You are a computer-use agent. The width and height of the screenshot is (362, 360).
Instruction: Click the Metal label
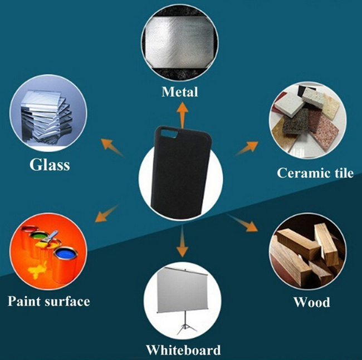(x=180, y=92)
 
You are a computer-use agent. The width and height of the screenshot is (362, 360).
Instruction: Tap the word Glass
(x=50, y=165)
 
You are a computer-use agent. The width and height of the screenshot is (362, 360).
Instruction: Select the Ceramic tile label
(x=315, y=172)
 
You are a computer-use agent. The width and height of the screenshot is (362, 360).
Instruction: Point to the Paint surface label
(x=48, y=301)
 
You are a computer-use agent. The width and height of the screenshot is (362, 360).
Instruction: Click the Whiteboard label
(x=183, y=350)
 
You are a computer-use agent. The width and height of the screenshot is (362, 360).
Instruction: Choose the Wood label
(x=312, y=302)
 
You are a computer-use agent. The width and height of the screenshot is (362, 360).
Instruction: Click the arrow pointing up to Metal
(x=182, y=115)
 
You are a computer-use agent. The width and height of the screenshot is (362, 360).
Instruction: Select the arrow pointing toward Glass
(x=112, y=147)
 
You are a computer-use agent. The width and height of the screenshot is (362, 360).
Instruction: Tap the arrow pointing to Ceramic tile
(x=247, y=149)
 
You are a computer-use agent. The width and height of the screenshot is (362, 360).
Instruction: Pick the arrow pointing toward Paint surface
(x=107, y=213)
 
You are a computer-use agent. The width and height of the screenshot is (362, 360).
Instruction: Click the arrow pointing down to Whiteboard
(x=182, y=241)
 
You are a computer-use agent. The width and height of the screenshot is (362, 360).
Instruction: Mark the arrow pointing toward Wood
(x=242, y=223)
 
